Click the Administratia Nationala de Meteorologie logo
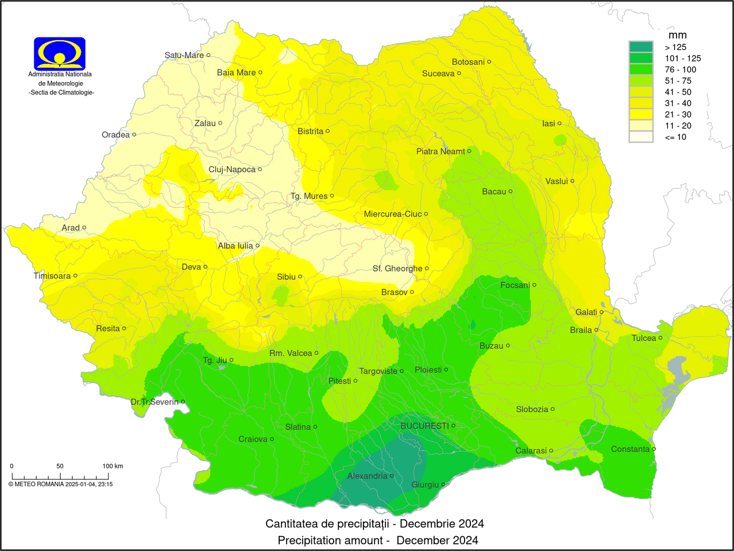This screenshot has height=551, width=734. tap(60, 53)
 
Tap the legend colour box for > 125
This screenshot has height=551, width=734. tap(641, 47)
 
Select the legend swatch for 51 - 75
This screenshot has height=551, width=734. tap(641, 81)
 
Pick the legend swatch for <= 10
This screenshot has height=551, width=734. tap(641, 137)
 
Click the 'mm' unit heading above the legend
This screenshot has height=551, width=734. tap(677, 35)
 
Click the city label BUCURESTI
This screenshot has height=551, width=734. tap(424, 426)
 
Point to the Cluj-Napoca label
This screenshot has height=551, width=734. tap(232, 169)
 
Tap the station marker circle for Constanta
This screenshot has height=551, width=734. tap(654, 449)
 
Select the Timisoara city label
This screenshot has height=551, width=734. tap(52, 275)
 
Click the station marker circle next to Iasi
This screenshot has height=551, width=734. tap(559, 123)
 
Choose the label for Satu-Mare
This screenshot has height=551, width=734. tap(184, 55)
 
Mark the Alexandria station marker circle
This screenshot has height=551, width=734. tap(392, 476)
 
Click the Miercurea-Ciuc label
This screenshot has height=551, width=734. tap(393, 214)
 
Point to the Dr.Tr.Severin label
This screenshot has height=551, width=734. tap(154, 402)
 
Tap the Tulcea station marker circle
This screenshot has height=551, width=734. tap(660, 337)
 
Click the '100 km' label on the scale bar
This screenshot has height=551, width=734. tap(113, 466)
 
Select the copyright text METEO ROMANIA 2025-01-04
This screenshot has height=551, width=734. tap(60, 484)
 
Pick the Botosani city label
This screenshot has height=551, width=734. tap(468, 62)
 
